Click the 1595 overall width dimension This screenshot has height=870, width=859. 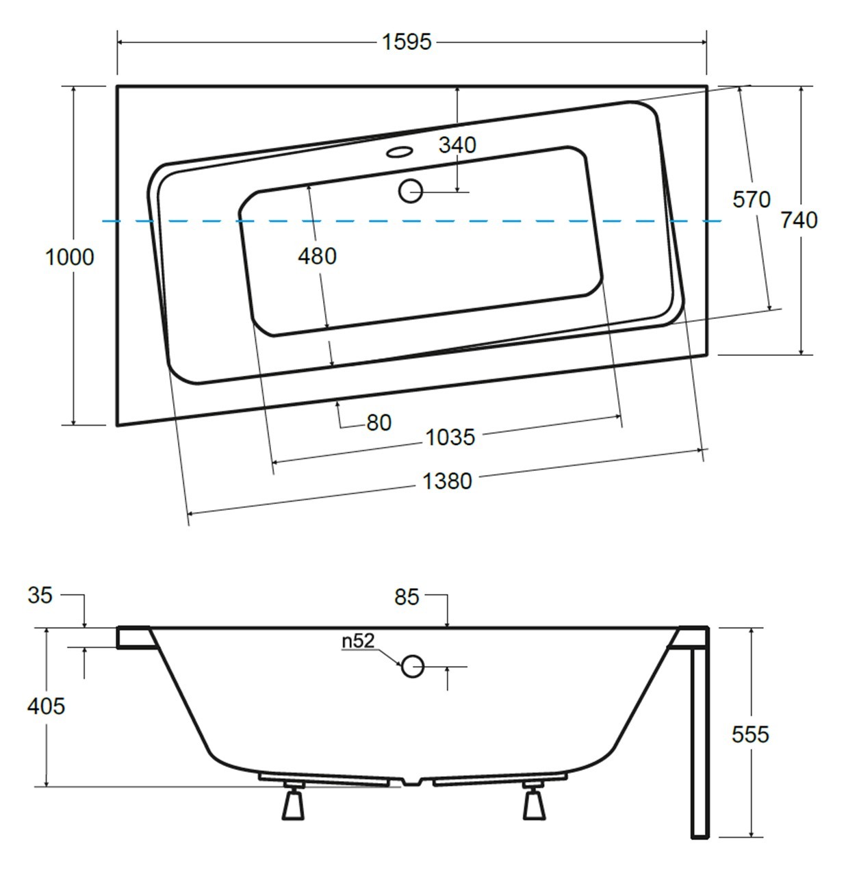coord(407,42)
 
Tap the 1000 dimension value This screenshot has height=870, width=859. coord(70,257)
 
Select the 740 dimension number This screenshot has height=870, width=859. coord(799,220)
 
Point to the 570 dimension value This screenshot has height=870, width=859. coord(752,200)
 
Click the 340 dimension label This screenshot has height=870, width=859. coord(457,145)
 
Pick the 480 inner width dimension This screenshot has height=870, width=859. coord(317,256)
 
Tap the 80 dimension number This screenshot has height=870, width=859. coord(379,422)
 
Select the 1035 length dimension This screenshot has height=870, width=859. coord(450,437)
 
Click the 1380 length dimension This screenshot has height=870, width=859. coord(447,481)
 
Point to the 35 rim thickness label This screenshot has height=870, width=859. coord(40,595)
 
